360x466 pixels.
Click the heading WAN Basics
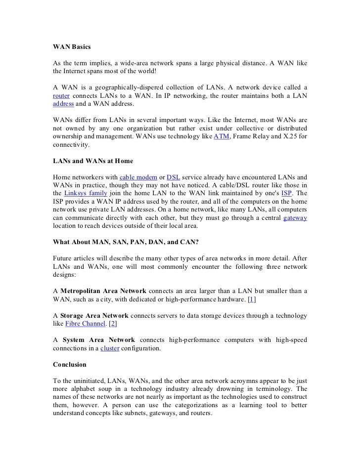coord(72,47)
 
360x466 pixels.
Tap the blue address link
coord(63,105)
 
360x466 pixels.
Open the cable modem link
coord(139,177)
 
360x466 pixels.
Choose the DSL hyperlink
coord(173,177)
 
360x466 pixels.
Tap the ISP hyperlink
coord(286,193)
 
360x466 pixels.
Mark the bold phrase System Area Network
coord(97,340)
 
